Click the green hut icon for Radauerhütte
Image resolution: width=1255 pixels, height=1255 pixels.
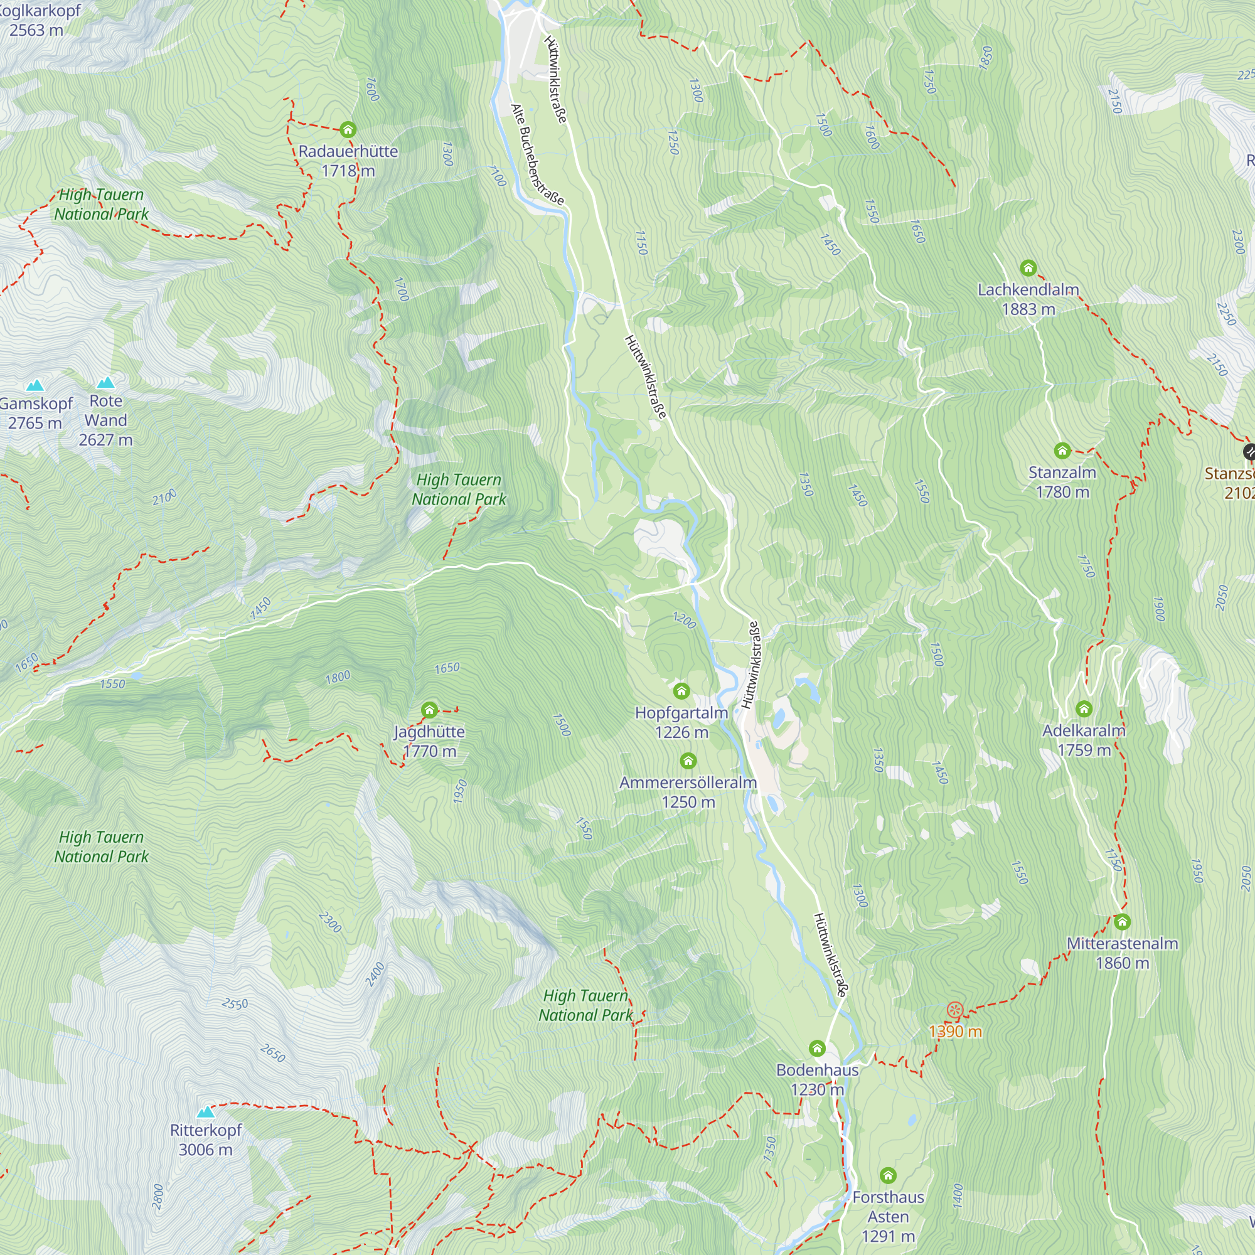point(348,129)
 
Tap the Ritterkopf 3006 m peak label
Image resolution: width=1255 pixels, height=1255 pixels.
point(205,1140)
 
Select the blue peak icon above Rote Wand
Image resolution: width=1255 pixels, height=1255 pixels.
point(106,383)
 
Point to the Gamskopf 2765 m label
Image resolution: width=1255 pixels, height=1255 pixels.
point(35,413)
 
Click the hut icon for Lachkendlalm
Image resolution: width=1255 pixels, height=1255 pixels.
point(1028,268)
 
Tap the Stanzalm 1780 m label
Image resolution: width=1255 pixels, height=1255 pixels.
point(1062,482)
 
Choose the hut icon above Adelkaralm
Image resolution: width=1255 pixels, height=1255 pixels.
point(1084,708)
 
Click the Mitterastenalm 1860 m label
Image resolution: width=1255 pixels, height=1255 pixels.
point(1122,953)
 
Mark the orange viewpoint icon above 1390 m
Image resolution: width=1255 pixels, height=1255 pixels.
point(954,1010)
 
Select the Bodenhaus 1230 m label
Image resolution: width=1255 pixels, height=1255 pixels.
point(817,1079)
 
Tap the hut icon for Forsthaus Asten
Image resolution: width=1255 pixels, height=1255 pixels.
point(888,1175)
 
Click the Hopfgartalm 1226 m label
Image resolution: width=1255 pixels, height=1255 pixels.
point(681,722)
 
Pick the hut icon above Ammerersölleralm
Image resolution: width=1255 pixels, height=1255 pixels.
point(688,761)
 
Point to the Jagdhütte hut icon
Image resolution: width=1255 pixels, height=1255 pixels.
point(429,710)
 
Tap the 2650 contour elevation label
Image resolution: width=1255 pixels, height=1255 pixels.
point(272,1053)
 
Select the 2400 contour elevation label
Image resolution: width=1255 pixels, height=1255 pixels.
point(375,975)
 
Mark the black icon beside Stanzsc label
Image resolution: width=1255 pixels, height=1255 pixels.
point(1249,452)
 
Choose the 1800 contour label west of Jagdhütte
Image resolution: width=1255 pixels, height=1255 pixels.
point(338,678)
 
